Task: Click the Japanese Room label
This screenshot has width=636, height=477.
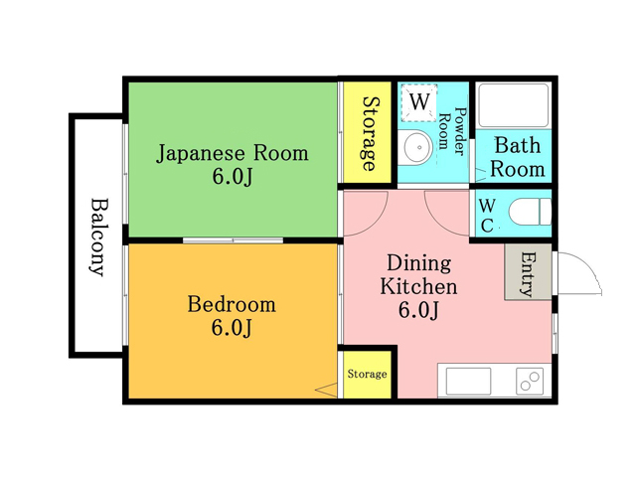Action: (233, 154)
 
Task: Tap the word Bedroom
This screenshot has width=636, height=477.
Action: (232, 305)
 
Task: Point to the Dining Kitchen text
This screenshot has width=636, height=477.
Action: (418, 274)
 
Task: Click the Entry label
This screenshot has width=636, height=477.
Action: (528, 274)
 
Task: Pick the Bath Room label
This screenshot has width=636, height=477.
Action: (517, 157)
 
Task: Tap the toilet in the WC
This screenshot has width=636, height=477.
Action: (530, 212)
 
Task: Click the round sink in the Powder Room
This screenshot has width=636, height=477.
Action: (414, 147)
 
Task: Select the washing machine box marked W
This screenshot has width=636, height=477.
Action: (419, 102)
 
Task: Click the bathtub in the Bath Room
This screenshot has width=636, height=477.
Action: (513, 105)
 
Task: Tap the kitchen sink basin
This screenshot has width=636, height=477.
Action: (468, 381)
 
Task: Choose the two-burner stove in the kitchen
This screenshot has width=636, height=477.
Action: (530, 381)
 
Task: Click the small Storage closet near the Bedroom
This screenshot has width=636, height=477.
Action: (367, 374)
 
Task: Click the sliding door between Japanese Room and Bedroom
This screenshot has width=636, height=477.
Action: (233, 240)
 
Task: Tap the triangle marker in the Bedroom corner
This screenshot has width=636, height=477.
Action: (326, 390)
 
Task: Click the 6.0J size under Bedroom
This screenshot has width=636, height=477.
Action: (232, 328)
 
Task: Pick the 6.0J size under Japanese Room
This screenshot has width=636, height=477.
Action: (233, 177)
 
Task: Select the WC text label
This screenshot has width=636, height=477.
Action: (487, 216)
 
